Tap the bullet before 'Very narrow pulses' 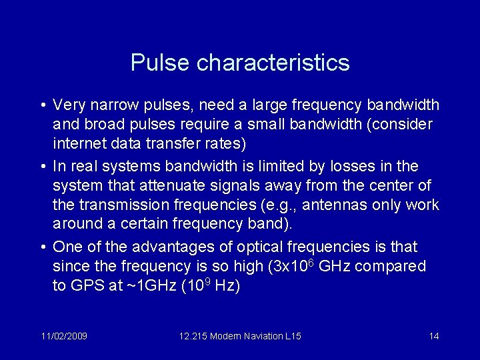pos(42,106)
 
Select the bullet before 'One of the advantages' pos(42,247)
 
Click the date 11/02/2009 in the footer pos(63,336)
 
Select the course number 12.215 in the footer pos(193,336)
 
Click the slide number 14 pos(434,336)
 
